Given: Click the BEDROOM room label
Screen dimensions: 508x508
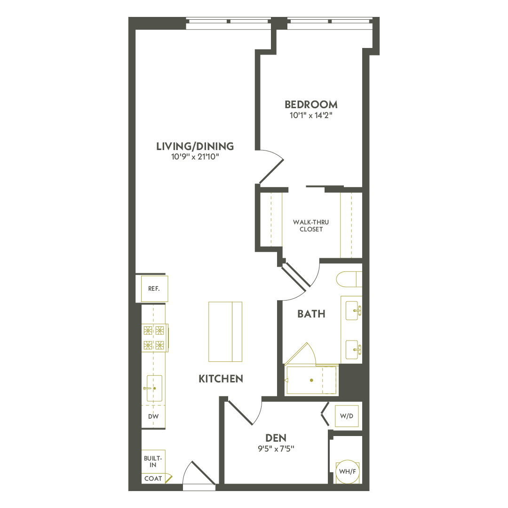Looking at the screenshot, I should tap(311, 104).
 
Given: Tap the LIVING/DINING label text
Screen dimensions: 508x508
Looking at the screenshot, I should tap(195, 146).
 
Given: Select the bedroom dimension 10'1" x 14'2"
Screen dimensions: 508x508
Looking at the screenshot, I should tap(311, 116).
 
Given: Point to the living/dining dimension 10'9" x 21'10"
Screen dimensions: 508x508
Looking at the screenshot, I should tap(195, 157).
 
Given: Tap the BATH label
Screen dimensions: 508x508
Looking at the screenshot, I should tap(311, 314).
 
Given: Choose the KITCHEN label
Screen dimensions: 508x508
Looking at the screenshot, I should tap(221, 379).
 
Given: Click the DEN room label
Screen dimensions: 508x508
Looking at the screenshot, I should tap(276, 437).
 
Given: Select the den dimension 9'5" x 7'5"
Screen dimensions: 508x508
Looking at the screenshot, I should tap(276, 448).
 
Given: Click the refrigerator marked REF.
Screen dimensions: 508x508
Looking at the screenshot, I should tap(154, 289).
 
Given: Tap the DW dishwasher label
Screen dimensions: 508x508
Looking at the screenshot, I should tap(153, 416).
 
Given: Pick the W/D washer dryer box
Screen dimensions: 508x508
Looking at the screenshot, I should tap(347, 416).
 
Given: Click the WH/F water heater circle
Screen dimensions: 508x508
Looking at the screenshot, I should tap(347, 471).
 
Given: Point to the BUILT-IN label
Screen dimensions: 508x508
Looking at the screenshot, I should tap(153, 461).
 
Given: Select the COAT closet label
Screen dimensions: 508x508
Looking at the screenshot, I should tap(153, 478).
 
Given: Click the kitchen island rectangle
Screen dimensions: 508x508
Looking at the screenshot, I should tap(225, 332).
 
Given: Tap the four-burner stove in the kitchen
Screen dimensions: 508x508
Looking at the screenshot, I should tap(154, 338).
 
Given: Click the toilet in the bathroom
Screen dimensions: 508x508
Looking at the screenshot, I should tap(349, 279).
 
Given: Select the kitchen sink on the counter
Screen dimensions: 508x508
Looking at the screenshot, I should tap(154, 388).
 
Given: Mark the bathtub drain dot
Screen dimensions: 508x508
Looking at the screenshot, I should tap(311, 380).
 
